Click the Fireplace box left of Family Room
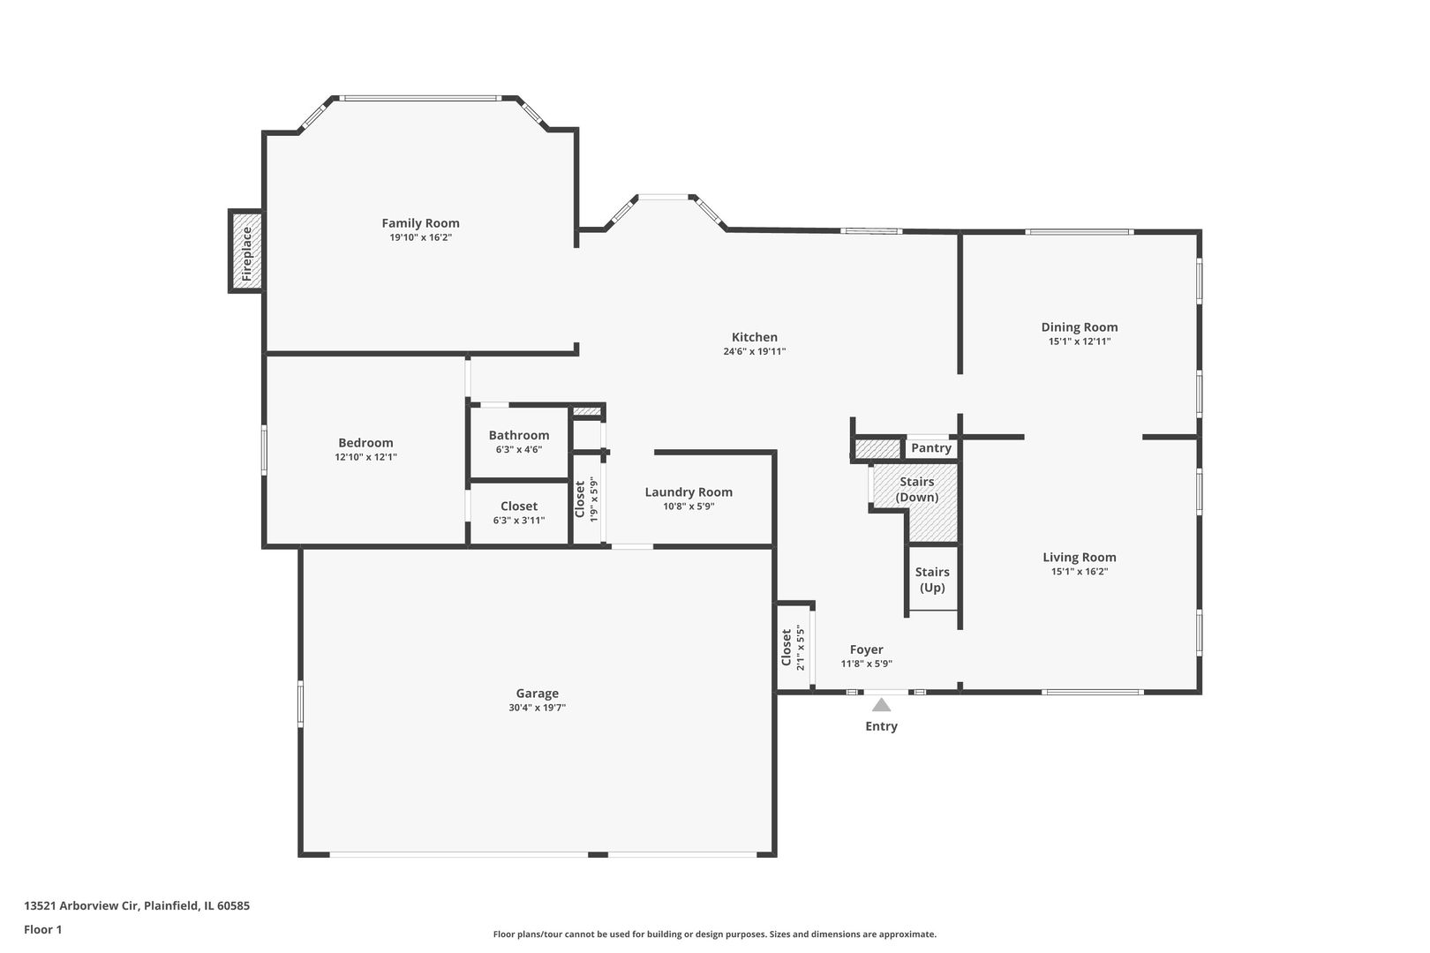246,252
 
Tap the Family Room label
420,223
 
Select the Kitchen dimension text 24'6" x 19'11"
754,351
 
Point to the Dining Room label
1079,327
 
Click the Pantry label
930,448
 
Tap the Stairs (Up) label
932,580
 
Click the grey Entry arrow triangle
881,704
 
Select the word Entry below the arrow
881,726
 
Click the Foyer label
866,649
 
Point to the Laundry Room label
689,492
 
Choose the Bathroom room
518,441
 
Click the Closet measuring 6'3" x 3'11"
518,513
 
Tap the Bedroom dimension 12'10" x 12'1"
365,457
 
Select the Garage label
537,694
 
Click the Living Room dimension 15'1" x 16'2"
1079,572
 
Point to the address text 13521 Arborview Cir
137,905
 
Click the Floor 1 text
43,929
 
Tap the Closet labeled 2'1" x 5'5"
793,648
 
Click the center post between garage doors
598,854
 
